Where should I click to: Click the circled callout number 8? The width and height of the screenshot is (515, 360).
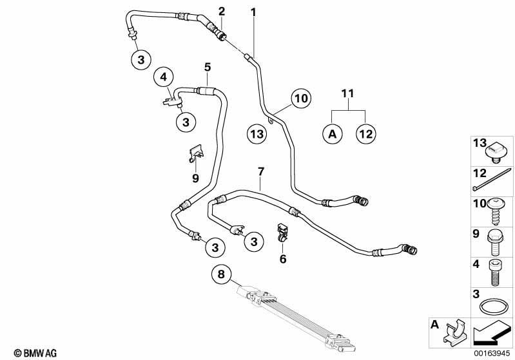coord(221,273)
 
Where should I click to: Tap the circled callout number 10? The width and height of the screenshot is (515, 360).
coord(301,98)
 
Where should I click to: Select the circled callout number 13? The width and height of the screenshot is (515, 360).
coord(257,133)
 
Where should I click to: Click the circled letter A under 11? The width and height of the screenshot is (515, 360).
coord(333,134)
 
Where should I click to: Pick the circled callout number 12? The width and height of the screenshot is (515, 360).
coord(366,134)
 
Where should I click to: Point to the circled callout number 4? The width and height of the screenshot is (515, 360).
coord(164,77)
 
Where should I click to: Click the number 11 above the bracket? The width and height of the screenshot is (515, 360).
coord(348,93)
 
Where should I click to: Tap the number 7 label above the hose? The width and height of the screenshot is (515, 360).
coord(261,171)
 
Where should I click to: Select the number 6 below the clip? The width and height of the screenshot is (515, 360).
coord(283,259)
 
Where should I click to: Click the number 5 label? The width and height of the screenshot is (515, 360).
coord(208,67)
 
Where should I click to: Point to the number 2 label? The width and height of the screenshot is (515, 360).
coord(222,12)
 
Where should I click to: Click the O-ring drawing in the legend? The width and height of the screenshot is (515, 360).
coord(491,307)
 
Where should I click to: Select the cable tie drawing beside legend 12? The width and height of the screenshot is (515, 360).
coord(492,179)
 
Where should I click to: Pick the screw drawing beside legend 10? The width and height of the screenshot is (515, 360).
coord(494,212)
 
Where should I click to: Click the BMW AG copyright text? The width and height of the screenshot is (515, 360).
coord(35,353)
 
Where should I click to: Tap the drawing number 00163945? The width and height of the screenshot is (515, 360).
coord(492,353)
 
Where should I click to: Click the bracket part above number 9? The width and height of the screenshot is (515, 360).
coord(197,153)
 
